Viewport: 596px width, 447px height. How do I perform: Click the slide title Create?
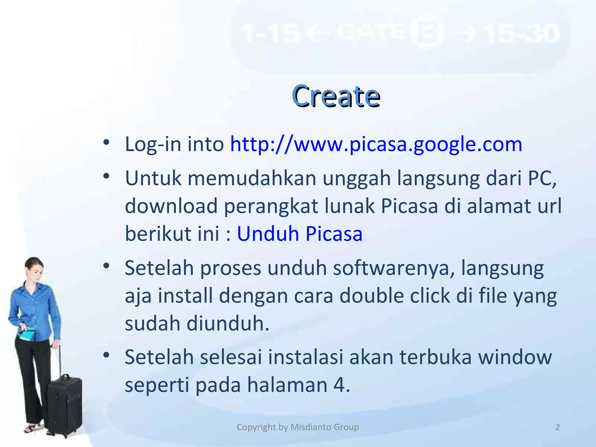pos(336,96)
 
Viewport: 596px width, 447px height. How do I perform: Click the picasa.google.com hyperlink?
pos(376,144)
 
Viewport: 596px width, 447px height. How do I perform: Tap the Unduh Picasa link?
pos(300,234)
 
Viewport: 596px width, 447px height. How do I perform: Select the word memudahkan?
pos(252,178)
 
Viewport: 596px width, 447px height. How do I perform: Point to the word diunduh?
pos(228,324)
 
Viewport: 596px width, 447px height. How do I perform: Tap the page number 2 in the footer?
pos(558,427)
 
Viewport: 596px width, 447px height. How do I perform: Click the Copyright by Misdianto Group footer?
pos(298,427)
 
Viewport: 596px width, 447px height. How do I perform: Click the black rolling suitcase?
pos(65,405)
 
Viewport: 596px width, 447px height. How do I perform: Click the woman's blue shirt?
pos(33,308)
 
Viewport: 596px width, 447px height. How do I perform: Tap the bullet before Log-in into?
pos(106,143)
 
